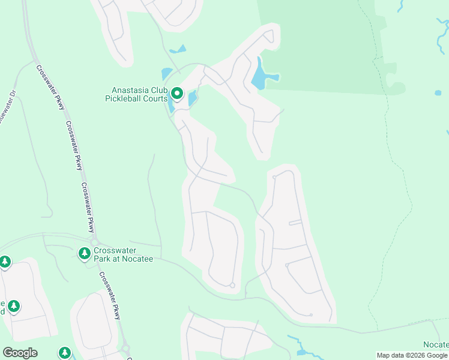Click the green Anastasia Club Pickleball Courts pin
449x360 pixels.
[x=177, y=94]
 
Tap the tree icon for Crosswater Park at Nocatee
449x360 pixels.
[x=85, y=254]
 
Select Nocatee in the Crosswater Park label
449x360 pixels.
[x=137, y=259]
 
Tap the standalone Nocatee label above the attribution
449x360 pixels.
[x=436, y=344]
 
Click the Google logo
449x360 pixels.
[x=20, y=353]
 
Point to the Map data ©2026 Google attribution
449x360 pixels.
[x=412, y=355]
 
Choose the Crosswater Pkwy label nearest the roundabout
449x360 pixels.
[x=110, y=295]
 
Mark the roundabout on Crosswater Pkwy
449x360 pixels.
[x=125, y=347]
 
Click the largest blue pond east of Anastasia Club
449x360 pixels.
[x=262, y=75]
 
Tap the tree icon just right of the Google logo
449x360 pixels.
[x=64, y=353]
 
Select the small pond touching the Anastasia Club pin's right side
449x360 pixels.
[x=192, y=98]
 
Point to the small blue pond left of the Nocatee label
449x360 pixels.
[x=302, y=352]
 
